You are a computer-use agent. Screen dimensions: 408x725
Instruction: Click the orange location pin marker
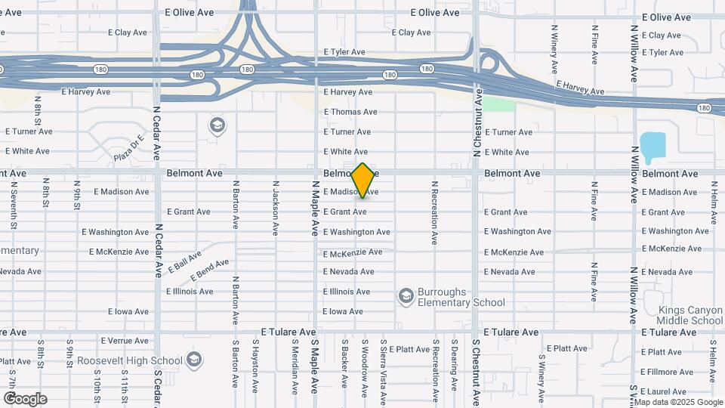coord(362,180)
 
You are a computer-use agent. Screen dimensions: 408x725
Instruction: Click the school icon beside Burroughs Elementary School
coord(406,294)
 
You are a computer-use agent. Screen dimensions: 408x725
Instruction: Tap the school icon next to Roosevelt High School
coord(195,358)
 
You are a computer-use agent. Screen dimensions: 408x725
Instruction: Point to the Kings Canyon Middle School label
coord(690,315)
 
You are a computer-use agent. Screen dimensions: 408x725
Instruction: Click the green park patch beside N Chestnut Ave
coord(498,104)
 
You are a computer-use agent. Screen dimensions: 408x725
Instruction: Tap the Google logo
coord(25,398)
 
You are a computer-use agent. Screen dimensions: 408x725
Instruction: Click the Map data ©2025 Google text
coord(679,402)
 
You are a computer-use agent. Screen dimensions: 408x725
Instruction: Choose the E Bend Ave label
coord(210,268)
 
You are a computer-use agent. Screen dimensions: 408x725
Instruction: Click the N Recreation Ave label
coord(434,212)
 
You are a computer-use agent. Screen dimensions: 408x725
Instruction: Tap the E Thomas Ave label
coord(350,112)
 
